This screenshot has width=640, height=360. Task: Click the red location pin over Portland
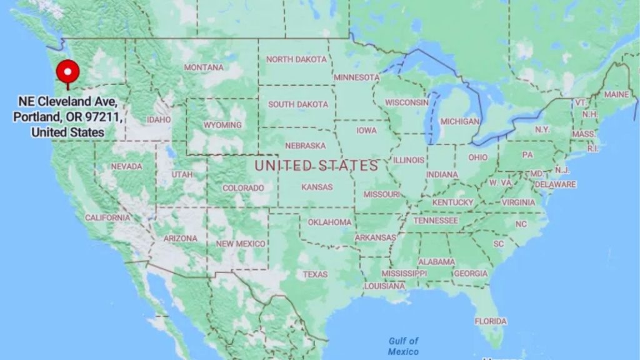pyautogui.click(x=67, y=73)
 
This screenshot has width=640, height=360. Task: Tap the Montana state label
pyautogui.click(x=203, y=67)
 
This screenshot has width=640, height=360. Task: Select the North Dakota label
pyautogui.click(x=296, y=59)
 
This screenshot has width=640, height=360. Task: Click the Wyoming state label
pyautogui.click(x=222, y=125)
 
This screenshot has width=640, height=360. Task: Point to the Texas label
pyautogui.click(x=315, y=274)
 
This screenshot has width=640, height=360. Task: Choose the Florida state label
pyautogui.click(x=491, y=321)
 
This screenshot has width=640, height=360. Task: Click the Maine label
pyautogui.click(x=616, y=94)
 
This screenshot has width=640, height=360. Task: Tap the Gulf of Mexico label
pyautogui.click(x=403, y=346)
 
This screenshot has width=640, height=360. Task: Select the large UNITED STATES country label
pyautogui.click(x=316, y=166)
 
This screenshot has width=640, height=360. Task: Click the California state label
pyautogui.click(x=108, y=217)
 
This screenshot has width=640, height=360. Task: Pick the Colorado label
pyautogui.click(x=243, y=187)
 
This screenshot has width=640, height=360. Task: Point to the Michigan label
pyautogui.click(x=459, y=121)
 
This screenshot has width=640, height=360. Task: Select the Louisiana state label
pyautogui.click(x=384, y=286)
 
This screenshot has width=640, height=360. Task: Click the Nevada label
pyautogui.click(x=126, y=166)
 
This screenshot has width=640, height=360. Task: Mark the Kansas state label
pyautogui.click(x=316, y=187)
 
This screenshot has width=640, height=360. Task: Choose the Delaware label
pyautogui.click(x=555, y=184)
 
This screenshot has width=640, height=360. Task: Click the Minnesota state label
pyautogui.click(x=357, y=77)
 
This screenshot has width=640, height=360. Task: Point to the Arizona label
pyautogui.click(x=180, y=238)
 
